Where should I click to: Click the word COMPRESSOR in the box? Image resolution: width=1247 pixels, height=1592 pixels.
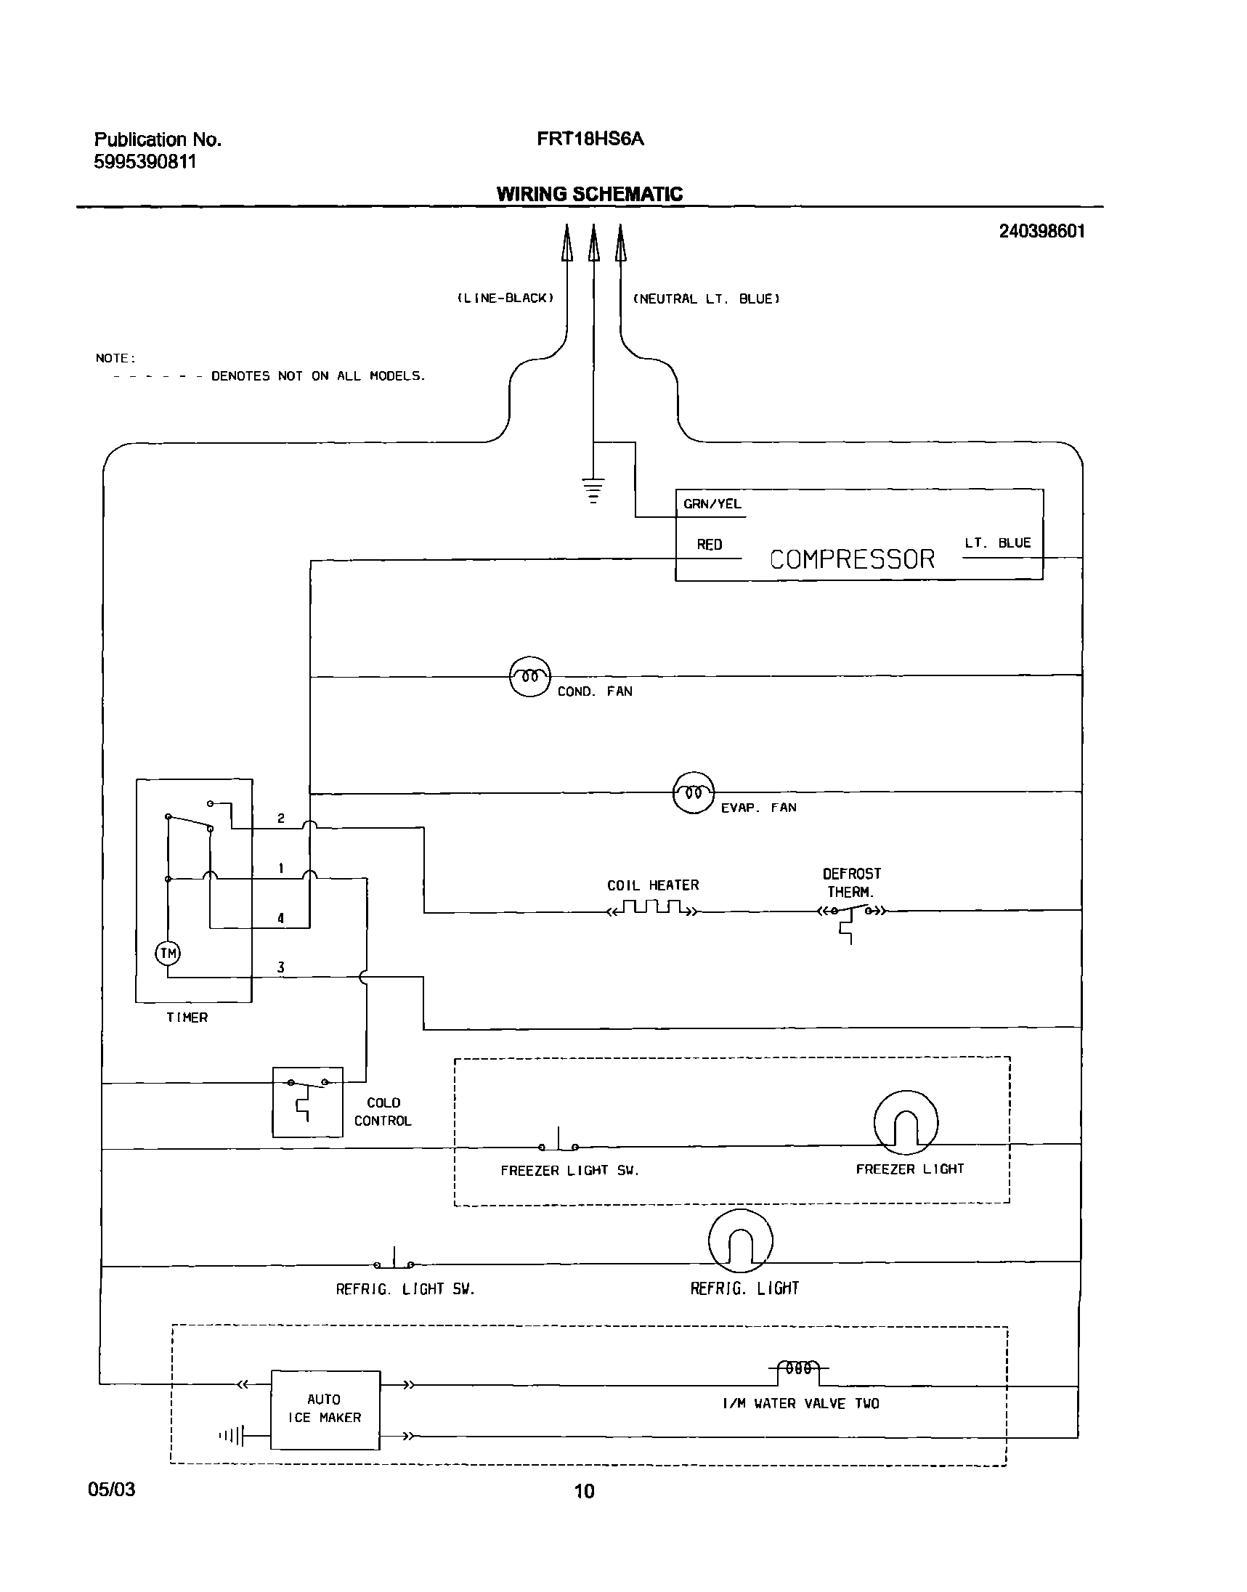[851, 559]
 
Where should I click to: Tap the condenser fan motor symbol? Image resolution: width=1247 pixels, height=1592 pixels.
[529, 676]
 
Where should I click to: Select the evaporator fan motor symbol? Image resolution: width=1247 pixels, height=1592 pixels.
[693, 792]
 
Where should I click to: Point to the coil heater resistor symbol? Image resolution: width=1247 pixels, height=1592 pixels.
[652, 909]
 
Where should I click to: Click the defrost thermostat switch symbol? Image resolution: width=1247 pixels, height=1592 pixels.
[850, 912]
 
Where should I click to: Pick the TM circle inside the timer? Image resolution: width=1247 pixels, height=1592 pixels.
[168, 954]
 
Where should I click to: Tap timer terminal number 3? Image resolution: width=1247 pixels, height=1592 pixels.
[280, 967]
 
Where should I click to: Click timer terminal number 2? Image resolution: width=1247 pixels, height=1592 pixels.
[280, 819]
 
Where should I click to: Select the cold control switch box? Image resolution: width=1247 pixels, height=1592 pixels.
[307, 1102]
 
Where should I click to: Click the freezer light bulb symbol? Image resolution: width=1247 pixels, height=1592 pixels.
[906, 1122]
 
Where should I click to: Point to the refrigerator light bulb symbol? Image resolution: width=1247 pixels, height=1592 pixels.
[739, 1241]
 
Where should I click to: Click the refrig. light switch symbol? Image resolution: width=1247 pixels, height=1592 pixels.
[394, 1262]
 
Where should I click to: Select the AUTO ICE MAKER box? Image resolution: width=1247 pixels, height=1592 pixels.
[325, 1410]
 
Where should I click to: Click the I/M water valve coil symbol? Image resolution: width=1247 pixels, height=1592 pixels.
[798, 1368]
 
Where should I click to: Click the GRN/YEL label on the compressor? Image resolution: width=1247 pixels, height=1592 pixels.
[712, 503]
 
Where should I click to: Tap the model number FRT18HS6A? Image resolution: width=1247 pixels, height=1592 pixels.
[590, 139]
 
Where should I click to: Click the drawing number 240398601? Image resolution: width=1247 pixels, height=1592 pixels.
[1041, 232]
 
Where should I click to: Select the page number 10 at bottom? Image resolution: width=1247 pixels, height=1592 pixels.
[584, 1490]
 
